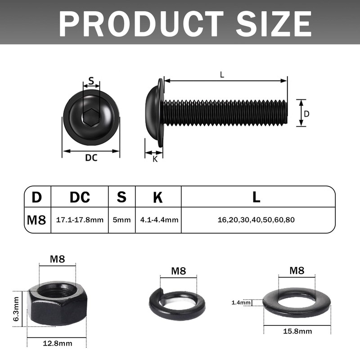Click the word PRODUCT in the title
141,24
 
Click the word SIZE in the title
274,24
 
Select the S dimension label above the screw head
91,81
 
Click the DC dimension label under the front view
91,158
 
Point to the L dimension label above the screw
222,75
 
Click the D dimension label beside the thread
306,114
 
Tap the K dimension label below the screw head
155,159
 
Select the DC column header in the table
80,197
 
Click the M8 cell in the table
36,220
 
